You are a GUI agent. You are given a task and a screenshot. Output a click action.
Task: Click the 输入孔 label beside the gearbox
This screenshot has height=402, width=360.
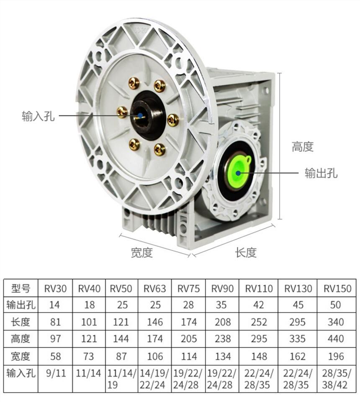38,116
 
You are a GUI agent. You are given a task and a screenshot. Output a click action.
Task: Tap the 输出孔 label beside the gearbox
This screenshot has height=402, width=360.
321,173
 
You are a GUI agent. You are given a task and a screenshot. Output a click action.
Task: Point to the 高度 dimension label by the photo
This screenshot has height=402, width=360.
303,147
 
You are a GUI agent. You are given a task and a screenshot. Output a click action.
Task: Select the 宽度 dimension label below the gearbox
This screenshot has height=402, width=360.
142,253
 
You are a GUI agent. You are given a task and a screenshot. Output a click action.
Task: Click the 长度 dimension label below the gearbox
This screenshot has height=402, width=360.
246,253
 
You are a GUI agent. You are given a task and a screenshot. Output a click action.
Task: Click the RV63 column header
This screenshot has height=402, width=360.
155,289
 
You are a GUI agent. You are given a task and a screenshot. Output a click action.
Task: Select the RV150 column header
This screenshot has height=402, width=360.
337,289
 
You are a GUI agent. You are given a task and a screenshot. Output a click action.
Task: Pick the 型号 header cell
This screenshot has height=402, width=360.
21,288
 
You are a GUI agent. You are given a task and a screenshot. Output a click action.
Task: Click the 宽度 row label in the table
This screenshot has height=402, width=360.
21,356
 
